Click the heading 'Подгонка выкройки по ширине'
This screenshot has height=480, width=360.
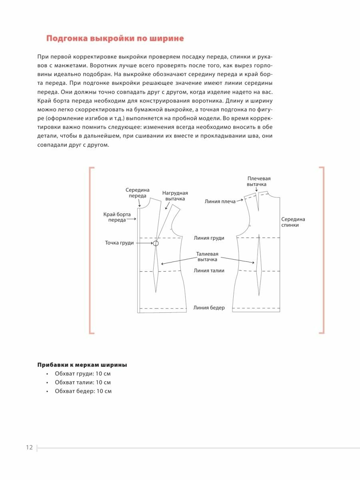[x=115, y=39]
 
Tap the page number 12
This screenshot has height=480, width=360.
[x=29, y=448]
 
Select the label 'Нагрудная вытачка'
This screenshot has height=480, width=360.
[x=175, y=196]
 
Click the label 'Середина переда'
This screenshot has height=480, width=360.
[x=137, y=193]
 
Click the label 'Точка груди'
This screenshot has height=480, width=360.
[x=119, y=243]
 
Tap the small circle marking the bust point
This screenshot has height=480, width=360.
[x=156, y=243]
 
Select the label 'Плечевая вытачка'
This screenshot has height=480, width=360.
[x=256, y=181]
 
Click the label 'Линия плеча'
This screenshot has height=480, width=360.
[x=220, y=202]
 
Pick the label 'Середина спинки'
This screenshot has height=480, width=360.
[x=293, y=222]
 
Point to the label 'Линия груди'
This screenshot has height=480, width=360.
[x=209, y=238]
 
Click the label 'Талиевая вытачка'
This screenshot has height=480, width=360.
[x=207, y=257]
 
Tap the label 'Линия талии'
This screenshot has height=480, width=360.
[x=209, y=271]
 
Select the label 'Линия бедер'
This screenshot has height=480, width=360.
[x=209, y=308]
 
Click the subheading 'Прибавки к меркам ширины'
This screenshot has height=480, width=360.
[x=82, y=365]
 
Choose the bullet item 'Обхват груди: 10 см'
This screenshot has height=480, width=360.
[x=83, y=374]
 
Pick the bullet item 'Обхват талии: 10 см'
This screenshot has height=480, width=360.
[x=83, y=382]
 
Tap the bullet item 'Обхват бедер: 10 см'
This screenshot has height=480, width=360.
[x=83, y=391]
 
